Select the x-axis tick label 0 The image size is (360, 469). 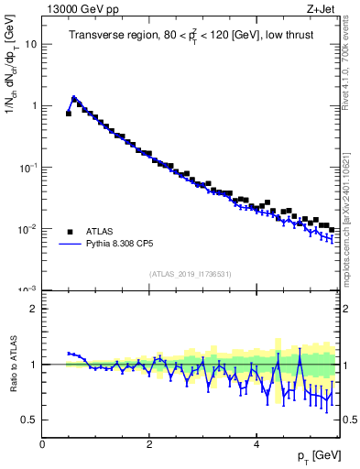tap(43, 444)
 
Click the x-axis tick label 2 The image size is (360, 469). tap(149, 444)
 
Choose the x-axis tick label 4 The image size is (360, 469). tap(256, 444)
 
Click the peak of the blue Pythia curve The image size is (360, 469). tap(73, 97)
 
